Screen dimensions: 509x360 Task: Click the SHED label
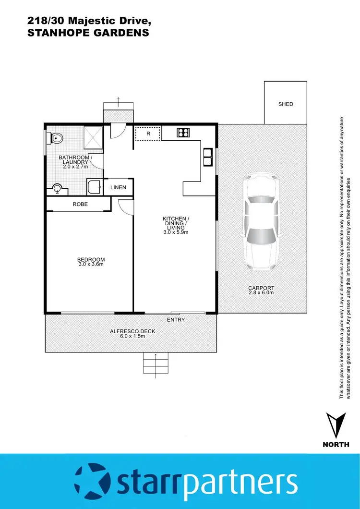click(286, 104)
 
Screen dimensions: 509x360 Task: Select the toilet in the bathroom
click(56, 139)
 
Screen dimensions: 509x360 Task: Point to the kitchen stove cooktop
click(183, 133)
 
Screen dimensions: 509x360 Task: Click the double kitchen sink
click(207, 157)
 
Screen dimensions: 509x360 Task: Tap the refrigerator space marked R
click(148, 133)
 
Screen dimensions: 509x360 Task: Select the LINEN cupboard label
click(118, 187)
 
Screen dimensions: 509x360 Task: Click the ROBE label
click(80, 205)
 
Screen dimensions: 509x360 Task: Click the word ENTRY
click(176, 320)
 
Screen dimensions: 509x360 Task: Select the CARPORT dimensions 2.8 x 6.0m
click(261, 292)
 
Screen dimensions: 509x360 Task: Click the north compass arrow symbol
click(336, 424)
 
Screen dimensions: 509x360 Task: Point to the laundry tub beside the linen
click(94, 186)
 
